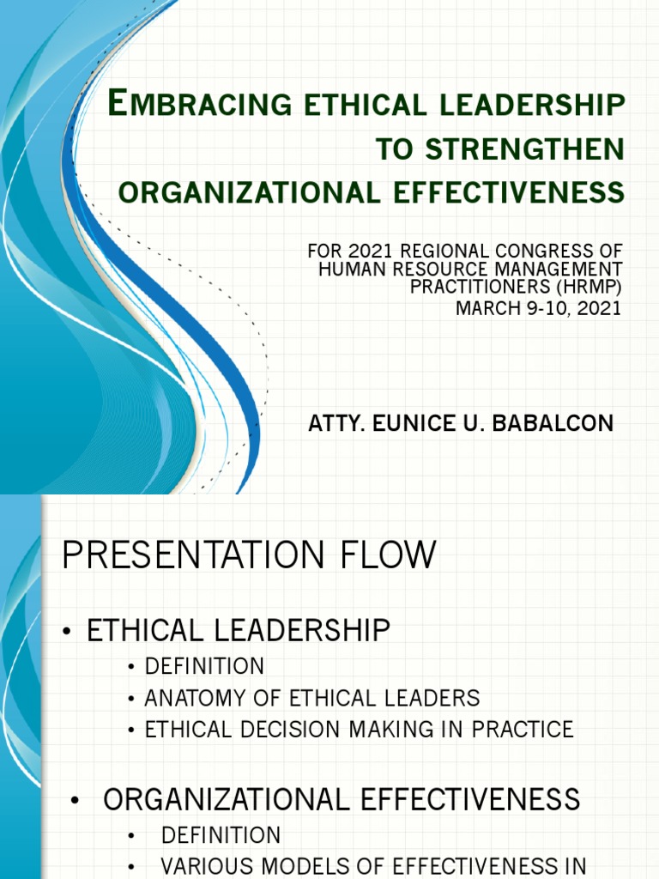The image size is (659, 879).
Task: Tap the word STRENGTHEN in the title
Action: click(525, 149)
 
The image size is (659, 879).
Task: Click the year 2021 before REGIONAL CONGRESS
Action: click(357, 252)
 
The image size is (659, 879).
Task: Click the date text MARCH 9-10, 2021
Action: click(538, 307)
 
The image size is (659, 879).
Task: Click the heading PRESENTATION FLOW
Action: click(249, 555)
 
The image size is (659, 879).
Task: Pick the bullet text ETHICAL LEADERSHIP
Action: click(239, 632)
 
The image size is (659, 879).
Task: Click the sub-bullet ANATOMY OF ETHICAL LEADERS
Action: click(312, 698)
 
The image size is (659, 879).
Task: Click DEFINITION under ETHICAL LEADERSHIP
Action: click(204, 666)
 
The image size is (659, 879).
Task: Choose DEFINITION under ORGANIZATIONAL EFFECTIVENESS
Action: click(221, 834)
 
